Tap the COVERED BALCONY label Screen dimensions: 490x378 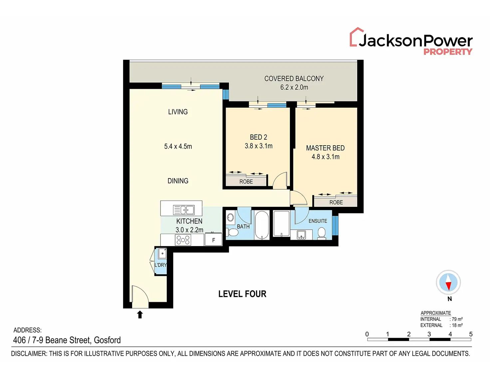coord(294,78)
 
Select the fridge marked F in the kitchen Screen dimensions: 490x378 coord(213,240)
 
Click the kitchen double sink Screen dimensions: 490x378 coord(183,210)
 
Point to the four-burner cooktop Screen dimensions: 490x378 coord(183,240)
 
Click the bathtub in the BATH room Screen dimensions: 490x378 coord(262,225)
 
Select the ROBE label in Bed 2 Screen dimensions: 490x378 coord(246,182)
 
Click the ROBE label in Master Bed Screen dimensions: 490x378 coord(336,202)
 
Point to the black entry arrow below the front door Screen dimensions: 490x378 coord(140,315)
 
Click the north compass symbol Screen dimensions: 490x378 coord(448,283)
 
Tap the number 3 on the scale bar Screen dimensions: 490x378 coord(429,334)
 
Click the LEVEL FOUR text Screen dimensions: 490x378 coord(242,294)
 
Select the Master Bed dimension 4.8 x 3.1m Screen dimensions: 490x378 coord(325,157)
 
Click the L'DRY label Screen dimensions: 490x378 coord(160,265)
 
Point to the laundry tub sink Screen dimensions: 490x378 coord(162,254)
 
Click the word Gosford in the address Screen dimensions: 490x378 coord(107,340)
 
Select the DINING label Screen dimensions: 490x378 coord(178,181)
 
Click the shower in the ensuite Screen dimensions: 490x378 coord(281,223)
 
